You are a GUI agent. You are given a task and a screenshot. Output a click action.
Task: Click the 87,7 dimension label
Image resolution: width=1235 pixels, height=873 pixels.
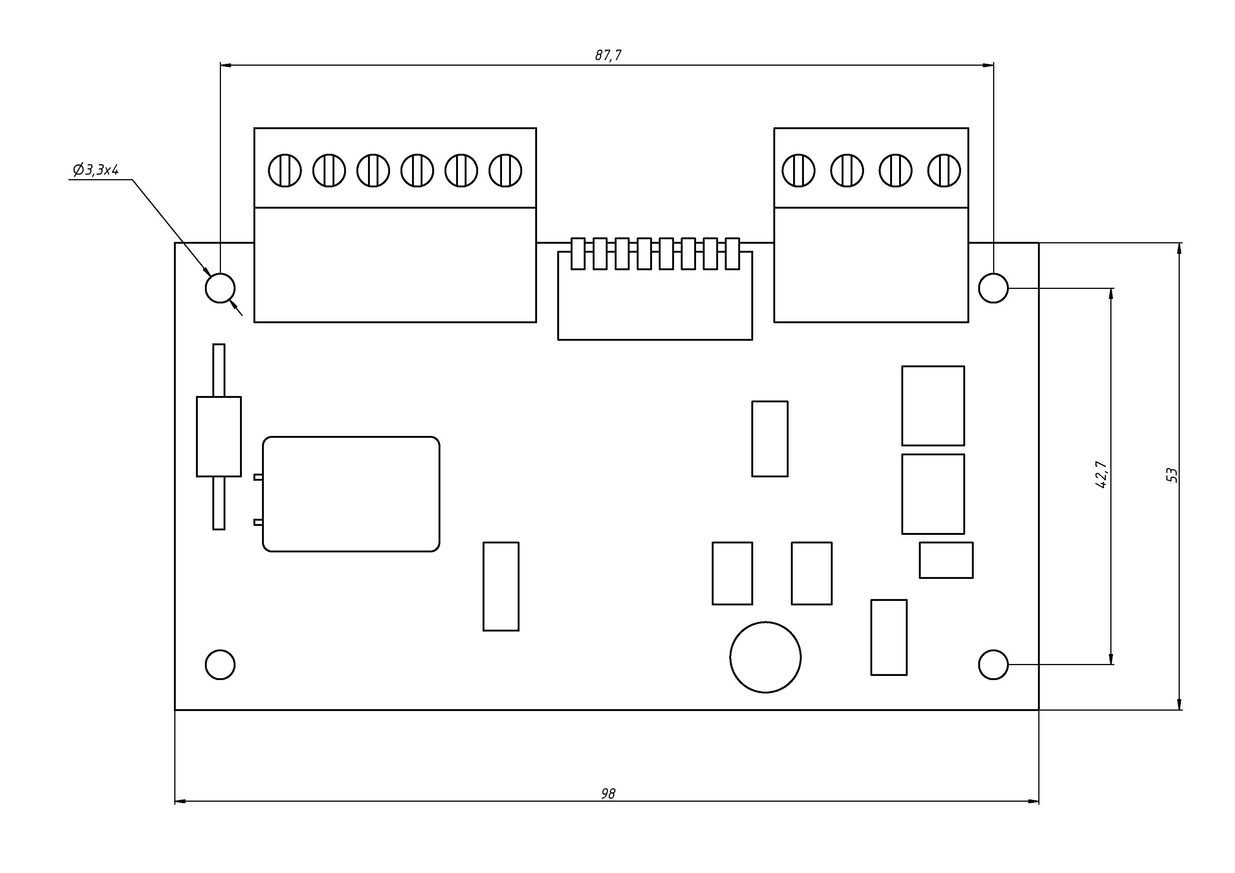(608, 55)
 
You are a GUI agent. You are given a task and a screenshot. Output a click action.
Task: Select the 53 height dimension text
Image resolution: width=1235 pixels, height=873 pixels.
(1172, 475)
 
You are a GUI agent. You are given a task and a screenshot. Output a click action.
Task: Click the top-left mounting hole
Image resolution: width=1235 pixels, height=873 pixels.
(220, 288)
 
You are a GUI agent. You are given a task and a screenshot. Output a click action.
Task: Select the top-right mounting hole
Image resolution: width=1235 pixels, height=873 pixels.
(993, 288)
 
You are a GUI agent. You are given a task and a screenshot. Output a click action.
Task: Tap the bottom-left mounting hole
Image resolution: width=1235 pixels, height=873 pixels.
(220, 664)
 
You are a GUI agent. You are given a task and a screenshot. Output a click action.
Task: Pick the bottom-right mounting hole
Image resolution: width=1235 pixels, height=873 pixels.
(993, 664)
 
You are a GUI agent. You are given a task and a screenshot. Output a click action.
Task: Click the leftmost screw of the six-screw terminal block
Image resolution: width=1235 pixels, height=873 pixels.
(284, 171)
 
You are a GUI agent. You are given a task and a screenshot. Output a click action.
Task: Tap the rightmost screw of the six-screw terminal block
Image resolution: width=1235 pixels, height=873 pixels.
(505, 171)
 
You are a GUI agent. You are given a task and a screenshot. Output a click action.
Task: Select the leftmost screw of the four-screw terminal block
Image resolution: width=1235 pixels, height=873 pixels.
(798, 171)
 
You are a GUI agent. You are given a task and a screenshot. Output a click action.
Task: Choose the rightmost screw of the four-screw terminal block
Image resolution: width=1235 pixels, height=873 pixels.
(944, 171)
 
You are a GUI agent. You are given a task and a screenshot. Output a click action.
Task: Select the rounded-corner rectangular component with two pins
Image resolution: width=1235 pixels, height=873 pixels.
(351, 494)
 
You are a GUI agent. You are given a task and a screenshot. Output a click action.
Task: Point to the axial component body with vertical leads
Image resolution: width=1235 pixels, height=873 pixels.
(218, 436)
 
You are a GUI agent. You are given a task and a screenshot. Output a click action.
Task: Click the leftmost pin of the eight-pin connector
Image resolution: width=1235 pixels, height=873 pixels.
(578, 253)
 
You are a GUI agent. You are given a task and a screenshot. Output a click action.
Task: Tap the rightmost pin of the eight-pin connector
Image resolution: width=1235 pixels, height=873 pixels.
(732, 253)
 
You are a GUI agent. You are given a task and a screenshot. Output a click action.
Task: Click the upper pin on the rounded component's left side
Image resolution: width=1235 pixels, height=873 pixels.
(258, 477)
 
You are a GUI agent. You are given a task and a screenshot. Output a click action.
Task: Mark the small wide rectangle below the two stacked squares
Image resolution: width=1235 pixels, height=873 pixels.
(946, 560)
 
